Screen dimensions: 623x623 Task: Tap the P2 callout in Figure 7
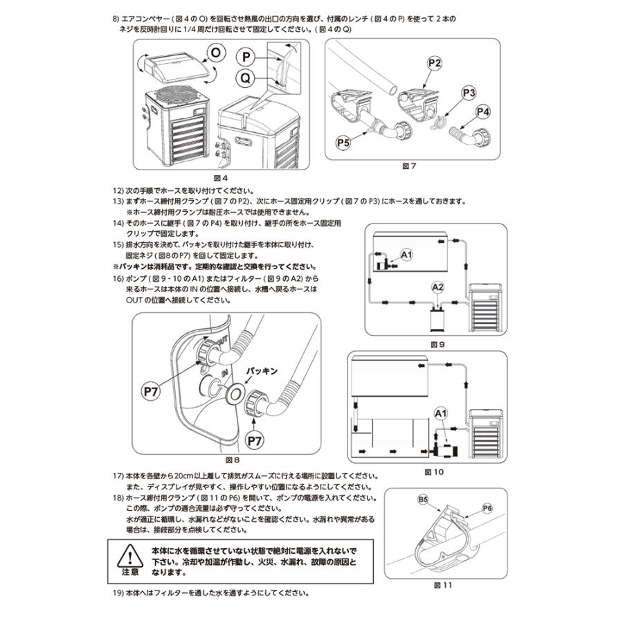pos(434,63)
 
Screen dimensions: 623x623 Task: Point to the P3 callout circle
pos(469,93)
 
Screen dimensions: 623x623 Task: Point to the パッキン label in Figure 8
pos(264,371)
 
